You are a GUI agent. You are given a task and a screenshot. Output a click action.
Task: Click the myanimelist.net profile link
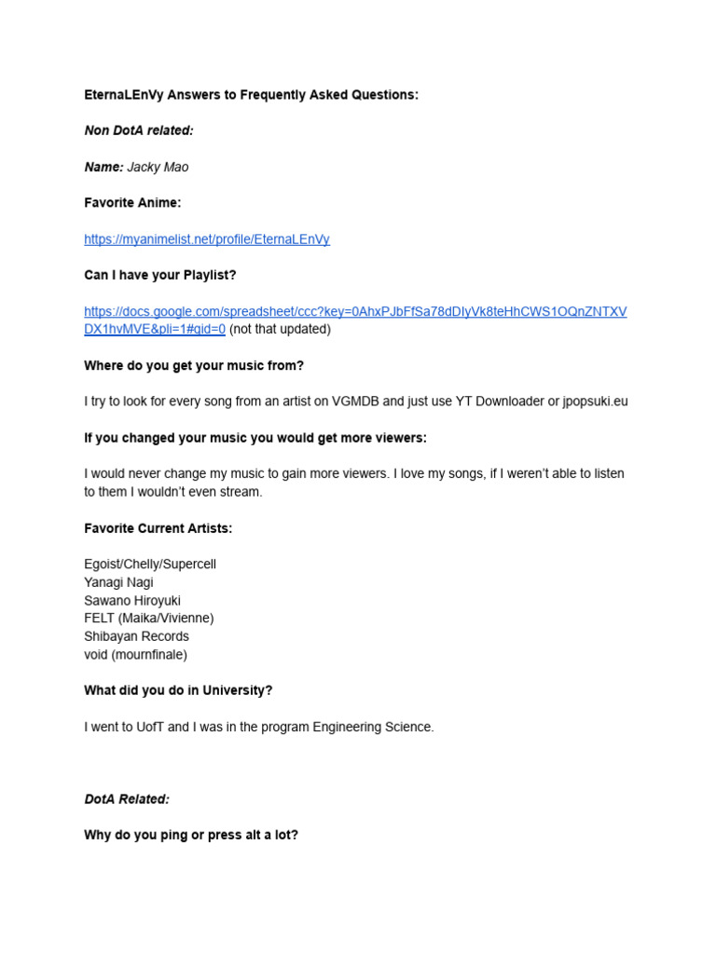click(206, 239)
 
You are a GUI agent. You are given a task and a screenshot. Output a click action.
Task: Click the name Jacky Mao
click(158, 167)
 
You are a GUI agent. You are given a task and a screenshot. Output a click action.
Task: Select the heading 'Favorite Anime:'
click(132, 203)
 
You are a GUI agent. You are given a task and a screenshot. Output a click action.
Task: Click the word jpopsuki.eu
click(595, 402)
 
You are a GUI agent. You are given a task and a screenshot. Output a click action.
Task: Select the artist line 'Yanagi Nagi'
click(118, 582)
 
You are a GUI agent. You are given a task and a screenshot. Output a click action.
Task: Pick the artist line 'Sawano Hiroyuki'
click(132, 601)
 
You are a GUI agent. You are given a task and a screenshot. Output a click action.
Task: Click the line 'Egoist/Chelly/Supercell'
click(150, 565)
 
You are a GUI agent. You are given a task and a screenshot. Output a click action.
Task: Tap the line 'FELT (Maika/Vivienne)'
click(149, 619)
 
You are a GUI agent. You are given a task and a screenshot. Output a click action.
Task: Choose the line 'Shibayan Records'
click(136, 636)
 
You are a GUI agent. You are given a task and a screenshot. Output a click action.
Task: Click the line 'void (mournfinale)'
click(135, 655)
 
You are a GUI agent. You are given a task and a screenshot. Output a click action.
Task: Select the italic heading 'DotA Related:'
click(127, 799)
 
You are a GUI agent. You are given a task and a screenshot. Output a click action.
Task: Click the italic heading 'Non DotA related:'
click(139, 130)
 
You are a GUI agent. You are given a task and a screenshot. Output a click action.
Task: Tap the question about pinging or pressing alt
click(191, 836)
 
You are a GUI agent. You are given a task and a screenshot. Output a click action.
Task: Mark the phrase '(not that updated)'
click(280, 329)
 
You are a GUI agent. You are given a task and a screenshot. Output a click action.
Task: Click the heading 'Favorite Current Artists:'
click(158, 528)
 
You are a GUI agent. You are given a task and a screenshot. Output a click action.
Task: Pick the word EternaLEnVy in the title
click(120, 95)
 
